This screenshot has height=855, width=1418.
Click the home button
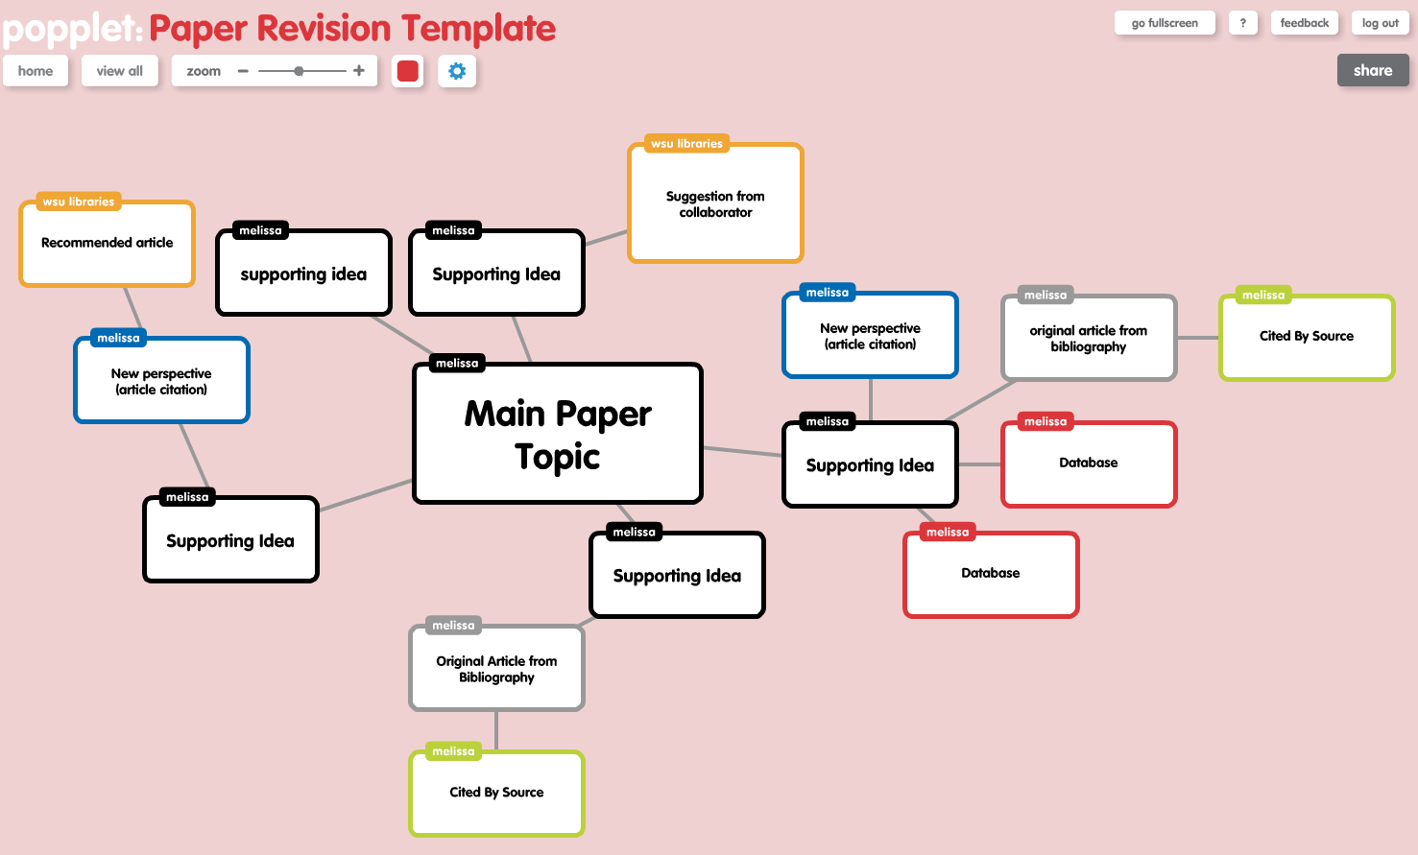click(36, 71)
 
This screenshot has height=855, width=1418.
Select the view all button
click(119, 71)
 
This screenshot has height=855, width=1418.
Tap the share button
click(1372, 70)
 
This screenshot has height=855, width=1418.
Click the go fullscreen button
click(1165, 23)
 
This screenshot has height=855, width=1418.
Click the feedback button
click(1304, 23)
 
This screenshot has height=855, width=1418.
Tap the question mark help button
click(1242, 23)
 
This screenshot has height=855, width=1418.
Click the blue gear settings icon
click(457, 71)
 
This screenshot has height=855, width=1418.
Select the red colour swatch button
click(408, 71)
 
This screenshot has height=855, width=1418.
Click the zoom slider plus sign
click(359, 70)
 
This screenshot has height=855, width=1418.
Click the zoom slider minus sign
click(243, 71)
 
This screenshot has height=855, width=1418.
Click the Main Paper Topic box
click(558, 434)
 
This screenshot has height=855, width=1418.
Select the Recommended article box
click(108, 244)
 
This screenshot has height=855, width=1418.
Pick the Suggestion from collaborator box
click(715, 204)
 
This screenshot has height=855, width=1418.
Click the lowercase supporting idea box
click(303, 274)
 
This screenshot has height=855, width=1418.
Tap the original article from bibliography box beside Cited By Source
click(1089, 338)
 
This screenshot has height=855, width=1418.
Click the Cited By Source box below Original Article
click(496, 793)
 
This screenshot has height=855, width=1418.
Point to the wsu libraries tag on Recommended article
click(79, 202)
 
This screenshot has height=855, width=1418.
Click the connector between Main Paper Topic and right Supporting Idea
click(742, 451)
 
